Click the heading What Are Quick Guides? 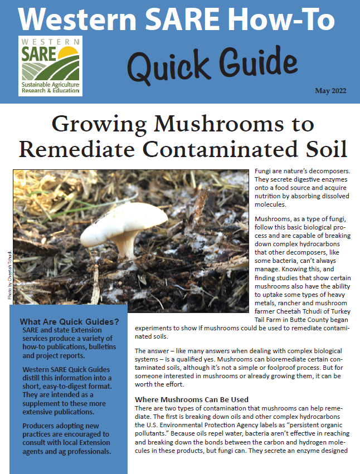click(69, 321)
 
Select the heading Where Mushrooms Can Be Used click(192, 399)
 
